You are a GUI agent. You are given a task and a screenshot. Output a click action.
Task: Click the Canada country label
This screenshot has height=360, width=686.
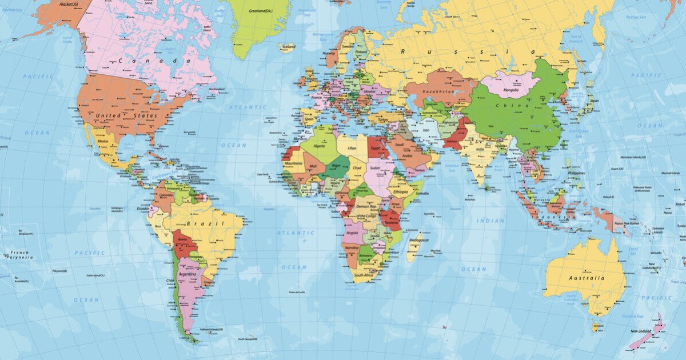154,61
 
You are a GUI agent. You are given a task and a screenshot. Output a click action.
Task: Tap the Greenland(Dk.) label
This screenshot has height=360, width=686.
261,10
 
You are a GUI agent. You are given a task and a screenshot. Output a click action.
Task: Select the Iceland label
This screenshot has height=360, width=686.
288,47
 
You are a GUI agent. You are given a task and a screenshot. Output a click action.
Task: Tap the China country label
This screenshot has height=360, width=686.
505,106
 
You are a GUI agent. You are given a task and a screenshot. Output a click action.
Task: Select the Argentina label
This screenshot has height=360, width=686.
187,274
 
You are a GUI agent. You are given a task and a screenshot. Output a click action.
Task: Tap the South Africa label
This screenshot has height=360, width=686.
364,275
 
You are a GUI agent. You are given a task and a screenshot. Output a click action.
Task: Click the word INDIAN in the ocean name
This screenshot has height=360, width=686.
490,221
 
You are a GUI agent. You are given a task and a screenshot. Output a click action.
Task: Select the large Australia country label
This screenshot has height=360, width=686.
586,278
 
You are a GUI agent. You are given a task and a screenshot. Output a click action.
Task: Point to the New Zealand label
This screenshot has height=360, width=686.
641,331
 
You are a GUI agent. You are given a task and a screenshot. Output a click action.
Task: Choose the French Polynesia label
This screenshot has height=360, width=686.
20,255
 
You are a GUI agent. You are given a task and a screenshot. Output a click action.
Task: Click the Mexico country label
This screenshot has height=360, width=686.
103,141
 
